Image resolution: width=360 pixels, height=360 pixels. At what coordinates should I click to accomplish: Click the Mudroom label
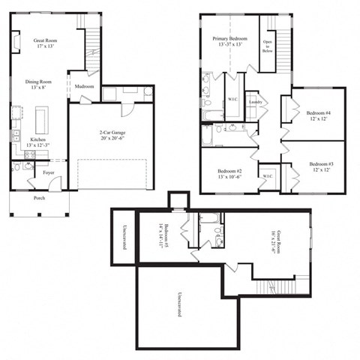point(84,86)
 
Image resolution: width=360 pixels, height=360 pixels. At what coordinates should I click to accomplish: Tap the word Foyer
point(48,172)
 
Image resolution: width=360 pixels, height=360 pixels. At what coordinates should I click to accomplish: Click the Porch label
point(39,199)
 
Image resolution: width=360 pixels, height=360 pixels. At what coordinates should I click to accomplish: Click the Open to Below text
point(268,46)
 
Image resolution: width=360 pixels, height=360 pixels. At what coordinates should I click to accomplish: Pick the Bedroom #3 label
point(321,166)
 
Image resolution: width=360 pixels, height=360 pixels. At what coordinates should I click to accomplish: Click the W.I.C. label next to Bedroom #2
point(268,177)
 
